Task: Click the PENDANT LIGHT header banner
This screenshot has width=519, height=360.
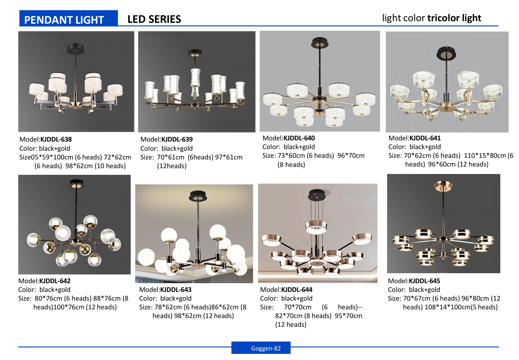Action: coord(68,18)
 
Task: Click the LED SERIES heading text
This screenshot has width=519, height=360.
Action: coord(154,19)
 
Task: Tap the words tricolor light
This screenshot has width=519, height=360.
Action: coord(454,18)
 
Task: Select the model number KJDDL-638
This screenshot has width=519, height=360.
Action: coord(56,139)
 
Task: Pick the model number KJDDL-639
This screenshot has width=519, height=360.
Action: coord(177,139)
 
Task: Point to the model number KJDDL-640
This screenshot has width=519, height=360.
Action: coord(299,138)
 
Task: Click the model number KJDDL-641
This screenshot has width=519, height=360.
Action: coord(425,138)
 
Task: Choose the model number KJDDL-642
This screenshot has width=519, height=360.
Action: coord(55,281)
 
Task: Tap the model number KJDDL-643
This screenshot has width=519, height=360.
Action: coord(176,290)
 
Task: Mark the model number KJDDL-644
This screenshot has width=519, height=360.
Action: coord(297,290)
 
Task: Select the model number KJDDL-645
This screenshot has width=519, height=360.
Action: coord(424,281)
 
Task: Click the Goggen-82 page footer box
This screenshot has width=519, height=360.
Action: coord(261,348)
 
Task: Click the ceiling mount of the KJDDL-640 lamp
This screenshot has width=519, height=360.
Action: coord(320,43)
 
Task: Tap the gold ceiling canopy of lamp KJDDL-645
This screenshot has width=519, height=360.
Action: coord(443,186)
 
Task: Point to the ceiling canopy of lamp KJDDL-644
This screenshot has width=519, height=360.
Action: coord(317,194)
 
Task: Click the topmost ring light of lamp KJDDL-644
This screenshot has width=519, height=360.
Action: coord(316,227)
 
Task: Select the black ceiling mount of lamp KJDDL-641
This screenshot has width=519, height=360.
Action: coord(446,53)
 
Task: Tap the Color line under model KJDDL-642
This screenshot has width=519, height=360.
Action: coord(44,290)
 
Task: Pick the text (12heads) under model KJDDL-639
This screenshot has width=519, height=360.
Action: coord(172,166)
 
